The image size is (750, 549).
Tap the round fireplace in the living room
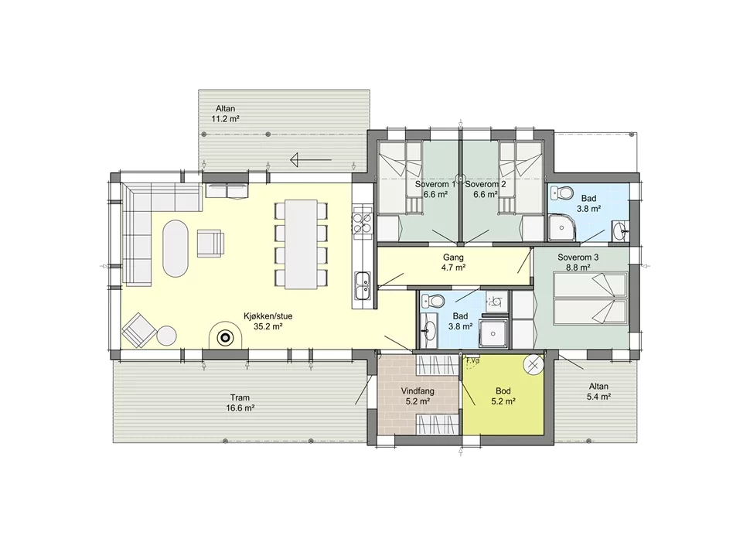click(225, 338)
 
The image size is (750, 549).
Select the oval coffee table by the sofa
click(176, 248)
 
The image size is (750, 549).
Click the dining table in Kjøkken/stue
click(302, 244)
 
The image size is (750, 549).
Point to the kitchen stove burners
click(362, 223)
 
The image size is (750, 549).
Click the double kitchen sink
click(363, 285)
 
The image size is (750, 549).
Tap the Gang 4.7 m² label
click(453, 263)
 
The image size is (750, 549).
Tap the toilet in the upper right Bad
click(562, 193)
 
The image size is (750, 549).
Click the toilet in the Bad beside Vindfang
click(433, 301)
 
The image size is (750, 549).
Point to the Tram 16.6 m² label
click(240, 403)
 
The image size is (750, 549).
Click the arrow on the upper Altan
click(311, 159)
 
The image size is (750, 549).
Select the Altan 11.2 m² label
click(225, 114)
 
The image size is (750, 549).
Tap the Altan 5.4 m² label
click(599, 391)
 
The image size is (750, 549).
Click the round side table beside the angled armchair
click(168, 336)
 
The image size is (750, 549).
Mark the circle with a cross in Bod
click(534, 365)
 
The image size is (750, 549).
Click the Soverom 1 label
click(432, 184)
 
